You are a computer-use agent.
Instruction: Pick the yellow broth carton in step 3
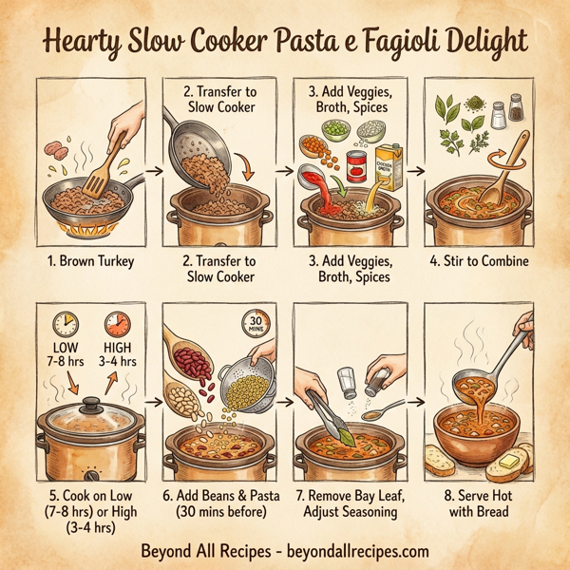[388, 166]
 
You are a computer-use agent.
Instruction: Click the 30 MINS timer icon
[256, 321]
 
